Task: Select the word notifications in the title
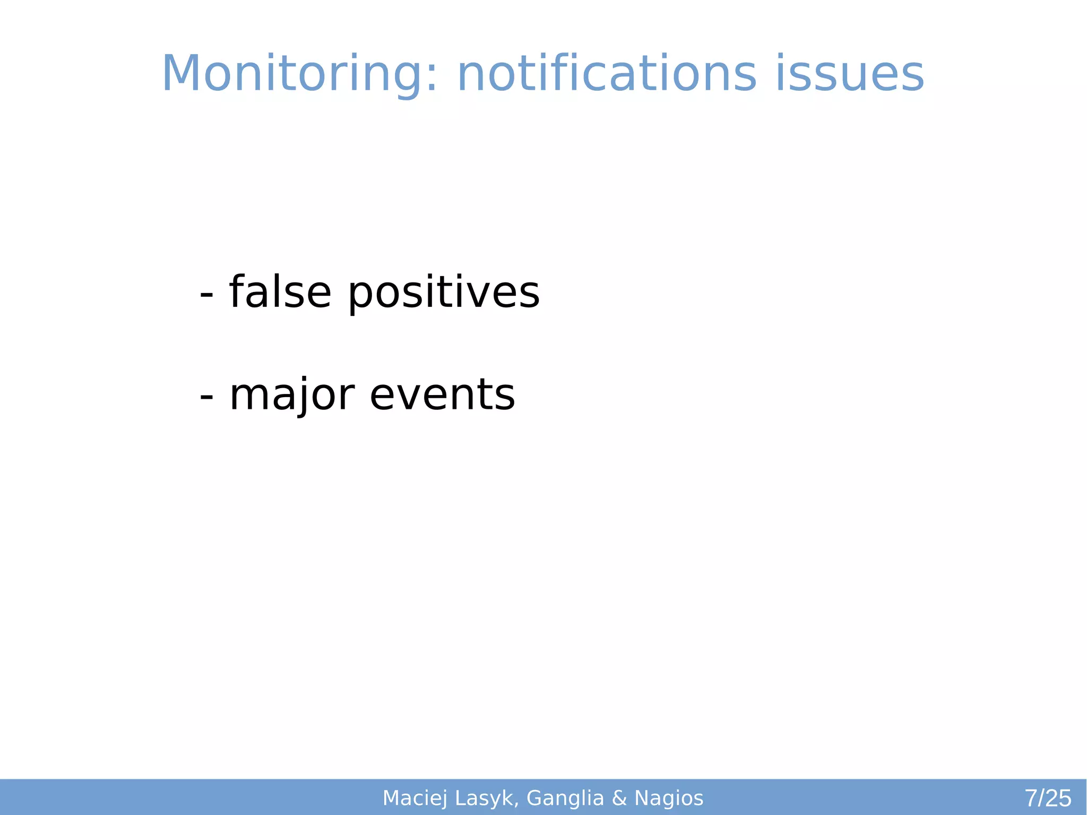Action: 606,74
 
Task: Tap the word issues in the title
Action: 850,74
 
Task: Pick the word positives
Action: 444,293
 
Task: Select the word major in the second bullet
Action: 292,395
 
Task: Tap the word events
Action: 442,395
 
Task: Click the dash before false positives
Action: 206,295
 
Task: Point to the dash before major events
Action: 206,397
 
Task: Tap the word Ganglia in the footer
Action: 565,798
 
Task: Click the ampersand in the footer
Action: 619,798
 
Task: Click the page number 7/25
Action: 1048,798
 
